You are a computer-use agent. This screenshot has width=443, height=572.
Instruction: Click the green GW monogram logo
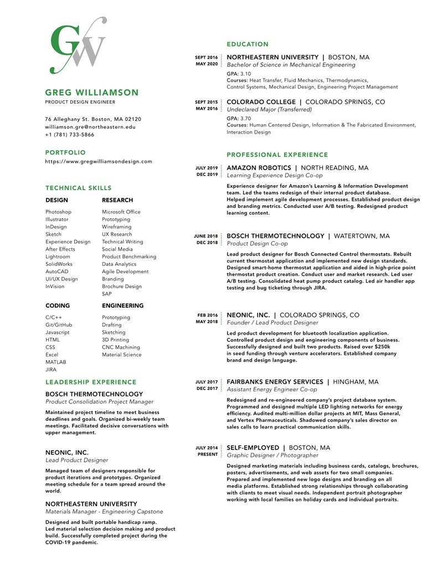tap(78, 47)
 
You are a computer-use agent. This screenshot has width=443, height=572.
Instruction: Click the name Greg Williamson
tap(92, 93)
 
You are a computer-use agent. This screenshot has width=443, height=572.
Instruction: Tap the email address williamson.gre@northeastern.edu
tap(90, 127)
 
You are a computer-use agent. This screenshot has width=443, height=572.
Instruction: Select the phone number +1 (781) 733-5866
tap(70, 135)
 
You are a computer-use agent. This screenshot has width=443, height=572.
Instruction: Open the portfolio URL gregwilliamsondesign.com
tap(99, 161)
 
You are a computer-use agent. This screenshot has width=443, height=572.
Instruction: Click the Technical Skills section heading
tap(79, 188)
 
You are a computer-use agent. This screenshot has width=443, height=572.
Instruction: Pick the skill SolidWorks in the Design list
tap(59, 264)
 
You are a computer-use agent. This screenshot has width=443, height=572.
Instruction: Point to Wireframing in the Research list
tap(117, 227)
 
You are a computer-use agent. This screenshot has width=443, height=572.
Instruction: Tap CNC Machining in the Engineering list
tap(121, 347)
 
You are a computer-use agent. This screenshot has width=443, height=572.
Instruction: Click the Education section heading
tap(248, 44)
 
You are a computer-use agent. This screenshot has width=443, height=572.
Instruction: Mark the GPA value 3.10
tap(245, 74)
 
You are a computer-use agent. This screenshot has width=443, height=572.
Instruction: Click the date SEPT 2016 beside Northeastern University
tap(206, 57)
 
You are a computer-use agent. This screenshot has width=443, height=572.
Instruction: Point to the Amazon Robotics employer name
tap(259, 168)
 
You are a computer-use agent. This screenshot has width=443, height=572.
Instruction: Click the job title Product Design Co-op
tap(257, 244)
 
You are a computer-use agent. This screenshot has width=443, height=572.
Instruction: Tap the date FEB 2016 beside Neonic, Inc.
tap(208, 315)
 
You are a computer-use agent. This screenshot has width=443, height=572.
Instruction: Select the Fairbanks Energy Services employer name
tap(275, 382)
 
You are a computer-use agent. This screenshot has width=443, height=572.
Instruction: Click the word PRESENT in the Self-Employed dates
tap(208, 454)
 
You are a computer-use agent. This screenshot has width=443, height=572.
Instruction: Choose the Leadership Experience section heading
tap(91, 382)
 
